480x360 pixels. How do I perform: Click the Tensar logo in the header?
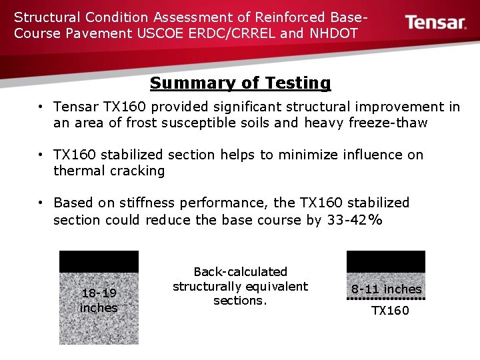(x=436, y=23)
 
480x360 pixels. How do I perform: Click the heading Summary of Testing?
(x=240, y=83)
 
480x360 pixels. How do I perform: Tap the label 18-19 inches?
(x=99, y=300)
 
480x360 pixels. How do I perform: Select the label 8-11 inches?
(x=387, y=289)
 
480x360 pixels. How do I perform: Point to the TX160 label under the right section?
(x=390, y=311)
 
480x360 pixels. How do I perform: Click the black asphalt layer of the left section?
(x=99, y=261)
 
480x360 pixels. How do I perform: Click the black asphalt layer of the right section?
(x=385, y=261)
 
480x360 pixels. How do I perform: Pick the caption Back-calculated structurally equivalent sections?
(x=240, y=286)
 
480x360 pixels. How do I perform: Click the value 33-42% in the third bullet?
(x=355, y=219)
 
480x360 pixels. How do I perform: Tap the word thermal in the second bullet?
(x=75, y=171)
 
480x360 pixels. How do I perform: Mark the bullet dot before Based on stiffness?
(x=41, y=203)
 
